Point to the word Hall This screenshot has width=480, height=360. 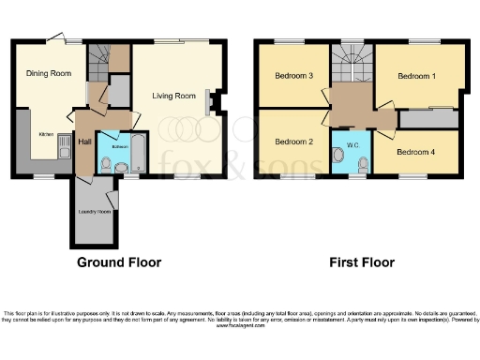(x=84, y=141)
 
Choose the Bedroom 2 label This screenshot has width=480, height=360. (x=292, y=142)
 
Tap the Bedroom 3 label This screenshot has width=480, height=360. (x=292, y=75)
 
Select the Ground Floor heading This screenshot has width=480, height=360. (x=119, y=262)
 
